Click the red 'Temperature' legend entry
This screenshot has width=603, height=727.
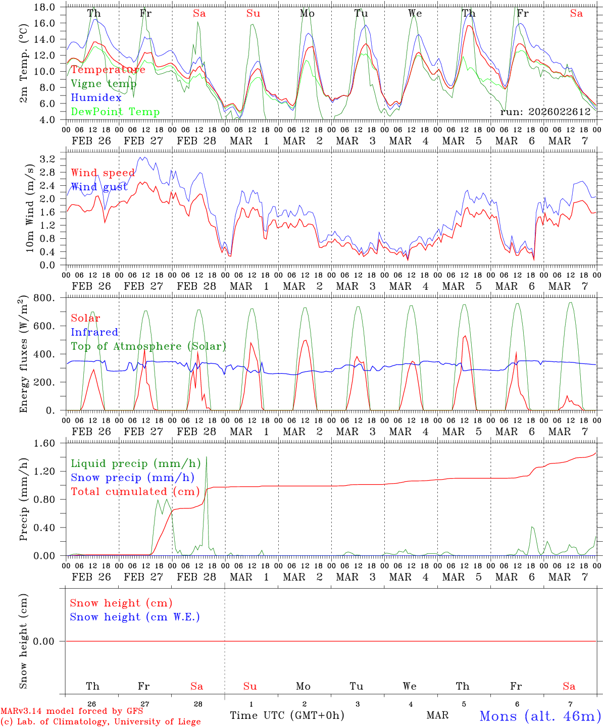pyautogui.click(x=108, y=70)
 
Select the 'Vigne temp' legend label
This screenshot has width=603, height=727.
pyautogui.click(x=104, y=84)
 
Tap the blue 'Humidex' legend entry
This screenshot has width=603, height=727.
pyautogui.click(x=96, y=98)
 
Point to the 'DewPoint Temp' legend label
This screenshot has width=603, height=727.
pyautogui.click(x=115, y=112)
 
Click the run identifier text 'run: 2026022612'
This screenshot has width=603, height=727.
pyautogui.click(x=545, y=112)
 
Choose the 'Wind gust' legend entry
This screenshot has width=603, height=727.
pyautogui.click(x=99, y=187)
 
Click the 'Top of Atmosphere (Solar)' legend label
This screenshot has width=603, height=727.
pyautogui.click(x=148, y=346)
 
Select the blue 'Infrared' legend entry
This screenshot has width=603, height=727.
pyautogui.click(x=94, y=332)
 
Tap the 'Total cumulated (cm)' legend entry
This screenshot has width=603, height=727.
pyautogui.click(x=135, y=492)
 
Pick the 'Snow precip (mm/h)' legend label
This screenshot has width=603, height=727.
pyautogui.click(x=132, y=478)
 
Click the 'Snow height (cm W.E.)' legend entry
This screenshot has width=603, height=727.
pyautogui.click(x=135, y=617)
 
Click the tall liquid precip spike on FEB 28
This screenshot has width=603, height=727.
pyautogui.click(x=207, y=459)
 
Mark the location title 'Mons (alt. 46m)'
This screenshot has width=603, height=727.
pyautogui.click(x=540, y=716)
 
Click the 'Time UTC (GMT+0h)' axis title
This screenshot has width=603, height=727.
pyautogui.click(x=287, y=715)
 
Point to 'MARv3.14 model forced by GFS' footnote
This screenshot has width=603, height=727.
pyautogui.click(x=72, y=711)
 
